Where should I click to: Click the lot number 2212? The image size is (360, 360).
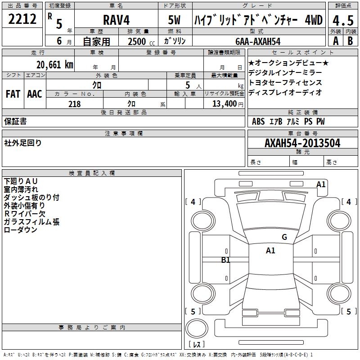click(22, 19)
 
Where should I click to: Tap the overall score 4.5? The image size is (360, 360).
click(343, 20)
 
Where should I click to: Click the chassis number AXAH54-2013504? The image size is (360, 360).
click(302, 143)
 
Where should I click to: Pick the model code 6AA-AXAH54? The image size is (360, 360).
click(258, 41)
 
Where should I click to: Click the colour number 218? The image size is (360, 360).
click(75, 104)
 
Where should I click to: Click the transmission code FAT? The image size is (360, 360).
click(13, 94)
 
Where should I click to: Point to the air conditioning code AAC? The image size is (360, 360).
click(35, 94)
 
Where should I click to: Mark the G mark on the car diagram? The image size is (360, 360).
click(284, 237)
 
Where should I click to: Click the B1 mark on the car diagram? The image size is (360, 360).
click(226, 260)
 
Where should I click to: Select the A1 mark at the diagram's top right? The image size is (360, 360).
click(321, 184)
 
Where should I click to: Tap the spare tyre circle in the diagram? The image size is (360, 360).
click(196, 328)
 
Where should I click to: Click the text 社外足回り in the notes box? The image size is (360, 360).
click(23, 143)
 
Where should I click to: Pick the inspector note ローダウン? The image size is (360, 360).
click(20, 230)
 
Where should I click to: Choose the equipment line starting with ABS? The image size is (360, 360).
click(288, 121)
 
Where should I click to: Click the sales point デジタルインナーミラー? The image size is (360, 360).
click(285, 73)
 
